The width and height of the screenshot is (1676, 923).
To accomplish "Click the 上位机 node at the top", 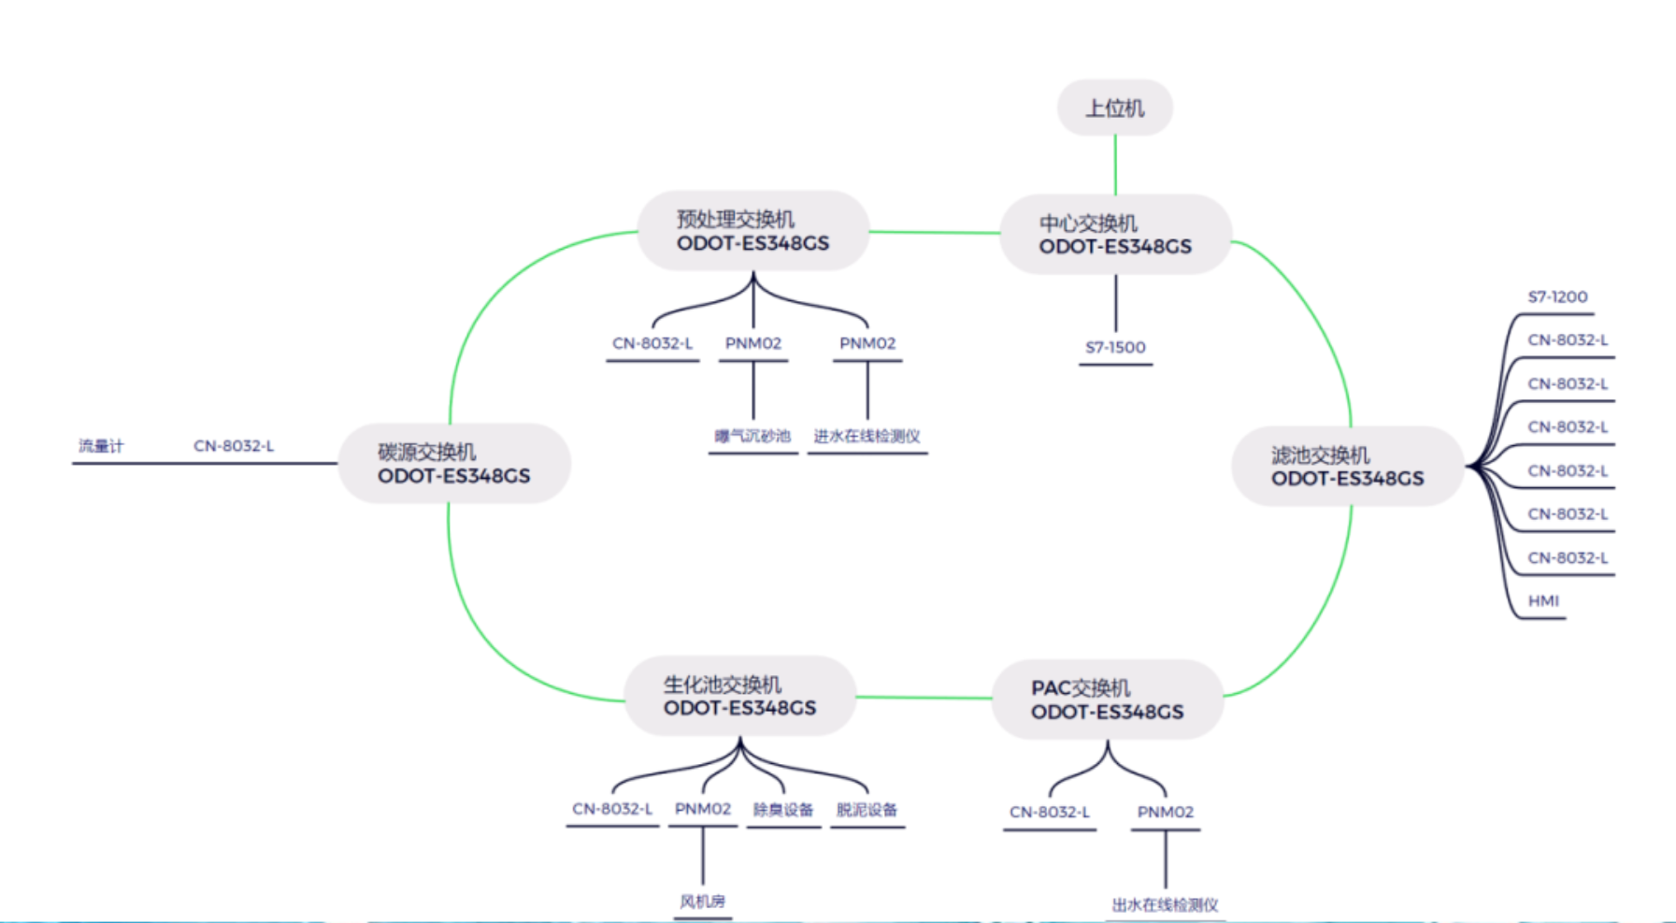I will (x=1114, y=108).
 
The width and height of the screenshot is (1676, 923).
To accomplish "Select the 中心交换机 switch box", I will (x=1115, y=235).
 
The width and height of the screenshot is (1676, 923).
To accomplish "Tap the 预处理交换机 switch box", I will (x=752, y=231).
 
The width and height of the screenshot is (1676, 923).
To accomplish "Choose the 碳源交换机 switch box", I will (x=453, y=464).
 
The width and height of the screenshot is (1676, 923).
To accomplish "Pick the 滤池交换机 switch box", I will (x=1347, y=467).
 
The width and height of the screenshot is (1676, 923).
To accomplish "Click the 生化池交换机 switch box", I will (x=739, y=697).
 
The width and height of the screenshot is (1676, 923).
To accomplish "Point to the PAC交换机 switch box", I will (x=1107, y=700).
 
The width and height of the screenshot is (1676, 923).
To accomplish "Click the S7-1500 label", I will (x=1115, y=348).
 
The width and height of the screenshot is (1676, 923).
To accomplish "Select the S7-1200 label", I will (x=1557, y=297).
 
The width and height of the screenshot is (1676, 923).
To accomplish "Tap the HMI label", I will (x=1543, y=601).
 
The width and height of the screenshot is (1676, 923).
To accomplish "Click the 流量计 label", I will (x=101, y=446).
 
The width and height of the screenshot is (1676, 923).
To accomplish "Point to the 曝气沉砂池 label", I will (x=752, y=437).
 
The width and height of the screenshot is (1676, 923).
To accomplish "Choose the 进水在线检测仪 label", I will (x=867, y=437).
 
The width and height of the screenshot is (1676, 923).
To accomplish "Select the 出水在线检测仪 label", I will (x=1165, y=905).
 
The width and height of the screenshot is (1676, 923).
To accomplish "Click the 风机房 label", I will (x=702, y=901).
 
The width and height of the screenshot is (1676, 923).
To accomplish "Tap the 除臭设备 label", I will (x=783, y=810).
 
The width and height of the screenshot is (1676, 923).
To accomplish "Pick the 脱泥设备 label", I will (x=867, y=810).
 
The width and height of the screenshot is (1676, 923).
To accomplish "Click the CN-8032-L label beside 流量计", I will (x=234, y=446).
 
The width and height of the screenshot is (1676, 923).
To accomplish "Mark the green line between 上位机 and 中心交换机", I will (x=1115, y=166).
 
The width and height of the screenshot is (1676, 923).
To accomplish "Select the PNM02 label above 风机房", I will (x=703, y=809).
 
